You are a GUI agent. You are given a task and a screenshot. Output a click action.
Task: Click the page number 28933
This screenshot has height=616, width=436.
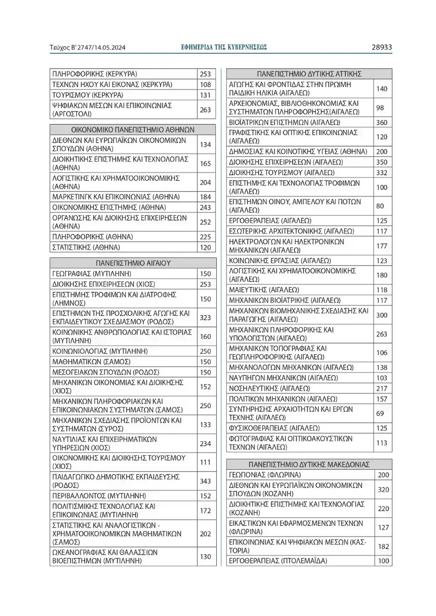381,47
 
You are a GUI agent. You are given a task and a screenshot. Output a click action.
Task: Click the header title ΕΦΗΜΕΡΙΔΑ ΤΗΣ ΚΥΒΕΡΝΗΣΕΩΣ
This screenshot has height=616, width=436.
224,47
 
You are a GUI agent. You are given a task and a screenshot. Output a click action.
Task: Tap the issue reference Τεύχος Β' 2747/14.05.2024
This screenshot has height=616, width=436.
88,48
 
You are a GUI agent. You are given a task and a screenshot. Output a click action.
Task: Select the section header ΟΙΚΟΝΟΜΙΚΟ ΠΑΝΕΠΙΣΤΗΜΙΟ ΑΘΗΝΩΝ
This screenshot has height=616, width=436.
133,130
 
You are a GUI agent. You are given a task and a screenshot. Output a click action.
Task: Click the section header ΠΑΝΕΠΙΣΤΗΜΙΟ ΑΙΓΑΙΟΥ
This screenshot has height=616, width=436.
133,263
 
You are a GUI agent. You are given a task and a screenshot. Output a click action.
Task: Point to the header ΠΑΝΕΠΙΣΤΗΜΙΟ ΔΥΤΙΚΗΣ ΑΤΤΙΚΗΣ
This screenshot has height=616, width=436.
309,74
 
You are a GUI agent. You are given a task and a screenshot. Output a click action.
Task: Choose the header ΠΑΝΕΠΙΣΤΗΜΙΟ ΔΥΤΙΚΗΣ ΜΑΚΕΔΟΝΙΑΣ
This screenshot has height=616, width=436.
309,464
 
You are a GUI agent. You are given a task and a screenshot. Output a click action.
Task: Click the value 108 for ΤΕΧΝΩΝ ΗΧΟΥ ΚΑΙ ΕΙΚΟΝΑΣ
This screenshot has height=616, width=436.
205,84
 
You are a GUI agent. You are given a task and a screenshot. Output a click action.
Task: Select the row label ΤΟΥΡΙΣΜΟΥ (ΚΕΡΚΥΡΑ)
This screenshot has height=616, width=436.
88,95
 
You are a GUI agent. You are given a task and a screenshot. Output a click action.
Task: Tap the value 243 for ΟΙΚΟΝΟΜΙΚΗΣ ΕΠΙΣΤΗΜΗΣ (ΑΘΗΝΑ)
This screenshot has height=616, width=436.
205,207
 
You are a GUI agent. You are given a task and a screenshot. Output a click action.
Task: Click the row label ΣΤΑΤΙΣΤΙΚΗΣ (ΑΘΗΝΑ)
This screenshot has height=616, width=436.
86,247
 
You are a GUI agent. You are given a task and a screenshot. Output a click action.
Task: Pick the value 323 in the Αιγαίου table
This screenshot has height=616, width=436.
205,318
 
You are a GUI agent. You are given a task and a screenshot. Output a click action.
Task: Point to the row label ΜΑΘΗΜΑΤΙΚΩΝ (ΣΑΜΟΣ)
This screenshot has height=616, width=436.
91,362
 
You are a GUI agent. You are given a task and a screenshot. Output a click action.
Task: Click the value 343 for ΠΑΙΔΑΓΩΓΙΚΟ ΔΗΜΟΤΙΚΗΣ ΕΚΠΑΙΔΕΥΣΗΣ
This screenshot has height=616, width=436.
205,481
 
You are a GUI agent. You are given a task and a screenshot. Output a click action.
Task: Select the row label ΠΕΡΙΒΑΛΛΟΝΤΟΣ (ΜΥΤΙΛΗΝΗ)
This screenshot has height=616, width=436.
99,496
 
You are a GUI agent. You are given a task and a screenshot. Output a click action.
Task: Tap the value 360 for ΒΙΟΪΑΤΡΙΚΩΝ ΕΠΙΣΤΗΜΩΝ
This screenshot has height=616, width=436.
381,123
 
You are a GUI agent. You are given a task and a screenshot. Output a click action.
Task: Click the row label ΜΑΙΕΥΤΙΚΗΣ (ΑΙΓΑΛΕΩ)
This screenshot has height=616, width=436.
264,290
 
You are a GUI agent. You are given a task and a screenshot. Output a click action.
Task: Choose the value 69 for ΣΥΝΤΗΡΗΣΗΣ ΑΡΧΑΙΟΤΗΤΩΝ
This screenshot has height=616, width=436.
380,414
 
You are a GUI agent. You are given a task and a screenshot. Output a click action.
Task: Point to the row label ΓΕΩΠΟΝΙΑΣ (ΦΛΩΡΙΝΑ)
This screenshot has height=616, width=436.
265,475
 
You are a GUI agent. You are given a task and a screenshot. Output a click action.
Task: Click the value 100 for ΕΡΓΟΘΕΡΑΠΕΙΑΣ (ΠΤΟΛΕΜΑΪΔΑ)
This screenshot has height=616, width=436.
383,561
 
